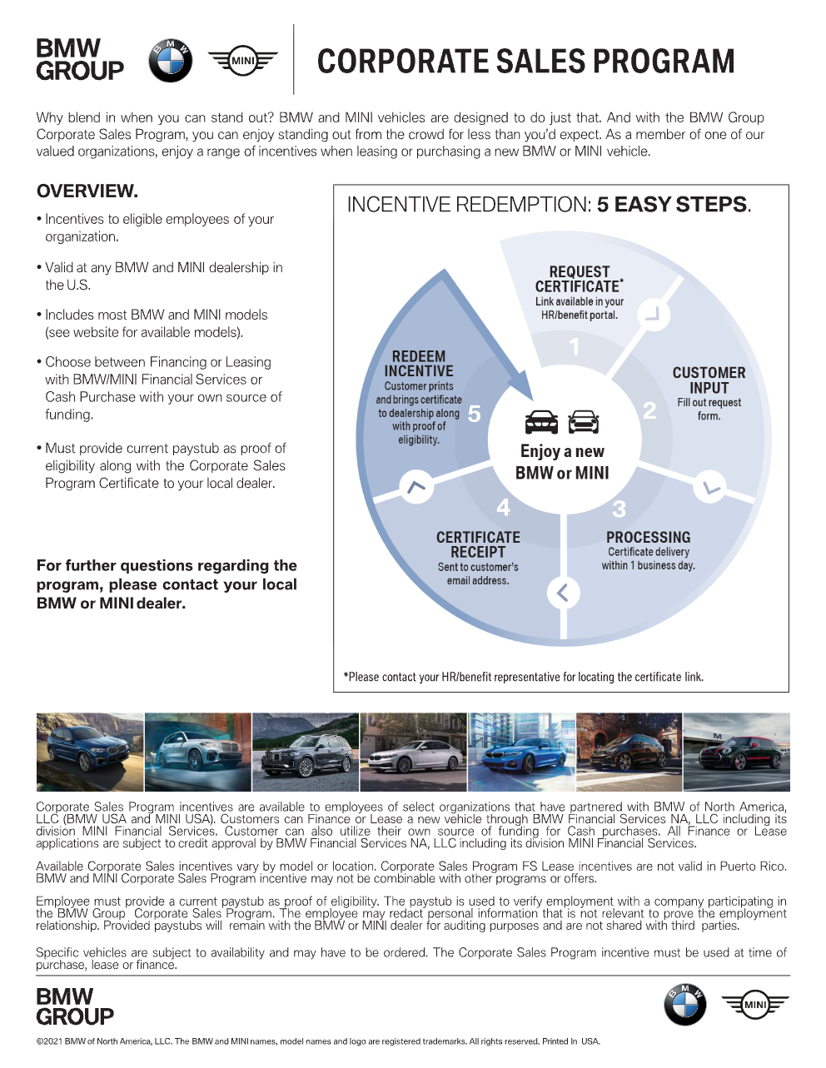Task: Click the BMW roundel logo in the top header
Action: (170, 61)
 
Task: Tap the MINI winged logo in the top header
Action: (242, 61)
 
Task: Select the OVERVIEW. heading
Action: (87, 191)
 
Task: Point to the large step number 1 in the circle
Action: (574, 346)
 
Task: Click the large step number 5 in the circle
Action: (474, 414)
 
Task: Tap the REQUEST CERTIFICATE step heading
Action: (579, 279)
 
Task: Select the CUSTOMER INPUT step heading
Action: (709, 380)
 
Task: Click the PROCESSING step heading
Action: (648, 538)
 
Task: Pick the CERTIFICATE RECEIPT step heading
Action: (478, 544)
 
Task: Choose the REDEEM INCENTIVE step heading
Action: (419, 364)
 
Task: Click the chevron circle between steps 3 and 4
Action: (563, 593)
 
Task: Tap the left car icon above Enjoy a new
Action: (541, 423)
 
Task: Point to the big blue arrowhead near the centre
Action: (520, 386)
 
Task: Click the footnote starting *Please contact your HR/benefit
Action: (523, 677)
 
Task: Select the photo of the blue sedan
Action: (521, 752)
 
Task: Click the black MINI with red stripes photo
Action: (736, 752)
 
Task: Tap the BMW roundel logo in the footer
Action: (684, 1004)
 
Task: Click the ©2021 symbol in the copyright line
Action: (40, 1041)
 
